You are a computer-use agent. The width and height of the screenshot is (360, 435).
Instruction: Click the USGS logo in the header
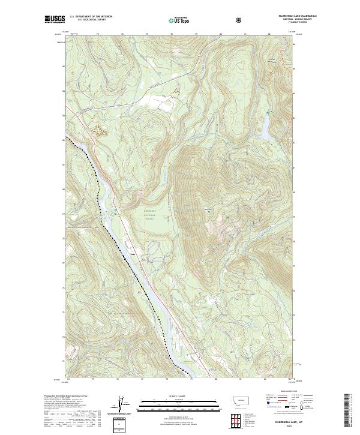tap(53, 20)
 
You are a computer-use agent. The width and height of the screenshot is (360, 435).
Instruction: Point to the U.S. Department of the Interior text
tap(91, 17)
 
